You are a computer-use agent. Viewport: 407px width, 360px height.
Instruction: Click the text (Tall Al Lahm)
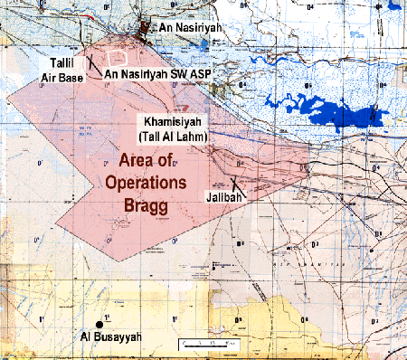[173, 136]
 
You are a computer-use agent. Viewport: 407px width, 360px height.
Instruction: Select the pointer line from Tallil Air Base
[90, 65]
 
